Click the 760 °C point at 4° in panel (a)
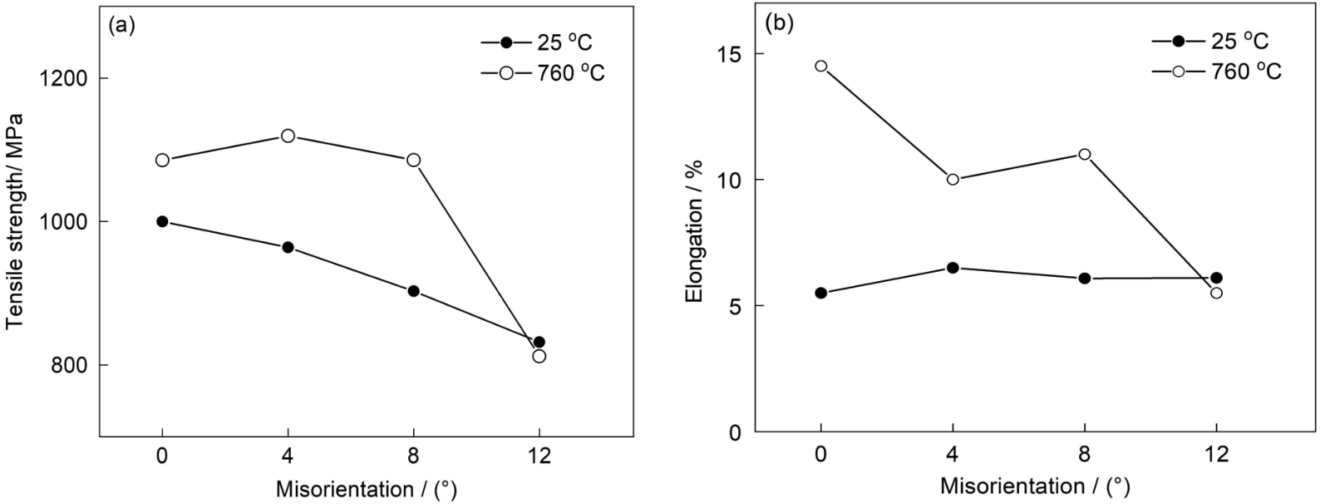[288, 136]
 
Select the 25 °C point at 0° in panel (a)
[162, 221]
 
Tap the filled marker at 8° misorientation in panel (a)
[413, 291]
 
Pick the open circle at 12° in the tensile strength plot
[539, 356]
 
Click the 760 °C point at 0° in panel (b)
[821, 66]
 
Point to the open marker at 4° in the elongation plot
[953, 180]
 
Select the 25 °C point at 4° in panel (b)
[953, 268]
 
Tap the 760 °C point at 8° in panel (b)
[1084, 154]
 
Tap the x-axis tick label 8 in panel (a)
[413, 456]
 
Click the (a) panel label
[121, 26]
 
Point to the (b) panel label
[779, 24]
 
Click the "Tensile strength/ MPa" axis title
[14, 220]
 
